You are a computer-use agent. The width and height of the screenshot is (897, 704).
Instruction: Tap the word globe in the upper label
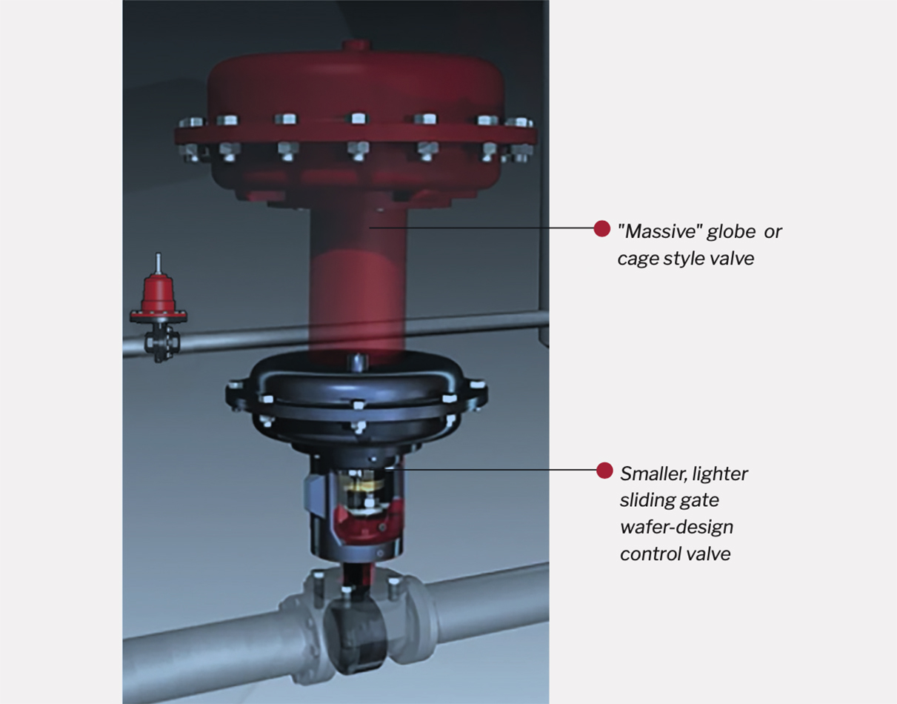[x=730, y=231]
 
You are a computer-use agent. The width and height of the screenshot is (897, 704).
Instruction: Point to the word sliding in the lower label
[x=644, y=500]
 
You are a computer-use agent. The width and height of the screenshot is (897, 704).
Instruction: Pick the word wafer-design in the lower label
[x=676, y=527]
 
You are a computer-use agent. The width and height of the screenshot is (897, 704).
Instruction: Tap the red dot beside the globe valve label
[x=602, y=228]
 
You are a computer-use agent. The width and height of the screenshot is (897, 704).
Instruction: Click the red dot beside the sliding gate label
[x=604, y=470]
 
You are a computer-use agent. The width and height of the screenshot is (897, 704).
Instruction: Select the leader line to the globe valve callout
[x=481, y=228]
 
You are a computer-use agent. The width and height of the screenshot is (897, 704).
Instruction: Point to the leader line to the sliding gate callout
[x=496, y=468]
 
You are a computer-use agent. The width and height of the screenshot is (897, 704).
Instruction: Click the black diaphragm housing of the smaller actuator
[x=357, y=404]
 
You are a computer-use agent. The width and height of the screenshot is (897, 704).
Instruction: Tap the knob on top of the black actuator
[x=357, y=361]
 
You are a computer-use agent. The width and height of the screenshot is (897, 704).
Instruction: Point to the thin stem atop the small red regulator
[x=158, y=264]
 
